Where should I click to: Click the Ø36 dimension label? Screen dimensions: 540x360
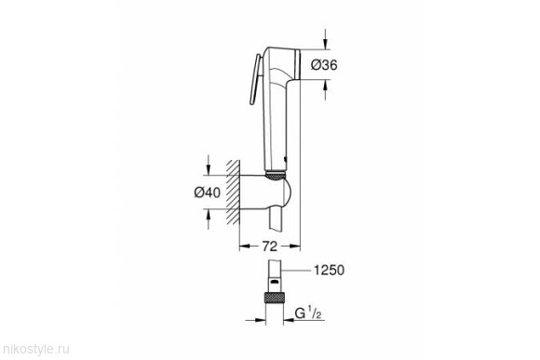pyautogui.click(x=324, y=65)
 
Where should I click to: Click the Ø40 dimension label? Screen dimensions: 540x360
pyautogui.click(x=207, y=192)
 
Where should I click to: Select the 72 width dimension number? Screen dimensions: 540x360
pyautogui.click(x=270, y=247)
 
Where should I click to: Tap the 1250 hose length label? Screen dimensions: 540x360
pyautogui.click(x=329, y=270)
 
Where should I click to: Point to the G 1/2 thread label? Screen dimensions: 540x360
pyautogui.click(x=308, y=313)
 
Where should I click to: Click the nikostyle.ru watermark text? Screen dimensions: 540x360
pyautogui.click(x=34, y=350)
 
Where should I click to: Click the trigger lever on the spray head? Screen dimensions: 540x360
pyautogui.click(x=255, y=79)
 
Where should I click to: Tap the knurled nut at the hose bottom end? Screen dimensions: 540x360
pyautogui.click(x=274, y=298)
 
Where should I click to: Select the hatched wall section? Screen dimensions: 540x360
pyautogui.click(x=233, y=193)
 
